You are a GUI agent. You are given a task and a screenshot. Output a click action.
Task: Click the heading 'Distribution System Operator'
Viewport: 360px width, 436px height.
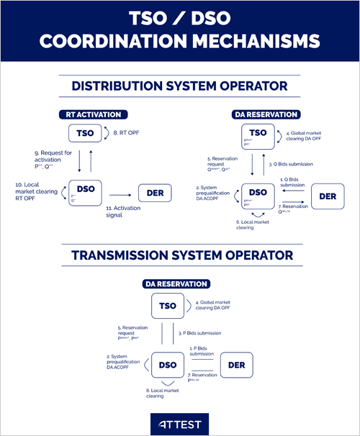(179, 86)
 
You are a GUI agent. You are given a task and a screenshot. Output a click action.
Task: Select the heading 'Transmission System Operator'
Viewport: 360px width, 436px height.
(179, 255)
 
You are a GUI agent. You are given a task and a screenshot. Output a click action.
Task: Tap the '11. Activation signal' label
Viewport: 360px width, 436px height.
(126, 211)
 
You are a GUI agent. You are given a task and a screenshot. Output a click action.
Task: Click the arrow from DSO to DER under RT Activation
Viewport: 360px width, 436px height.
(120, 192)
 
